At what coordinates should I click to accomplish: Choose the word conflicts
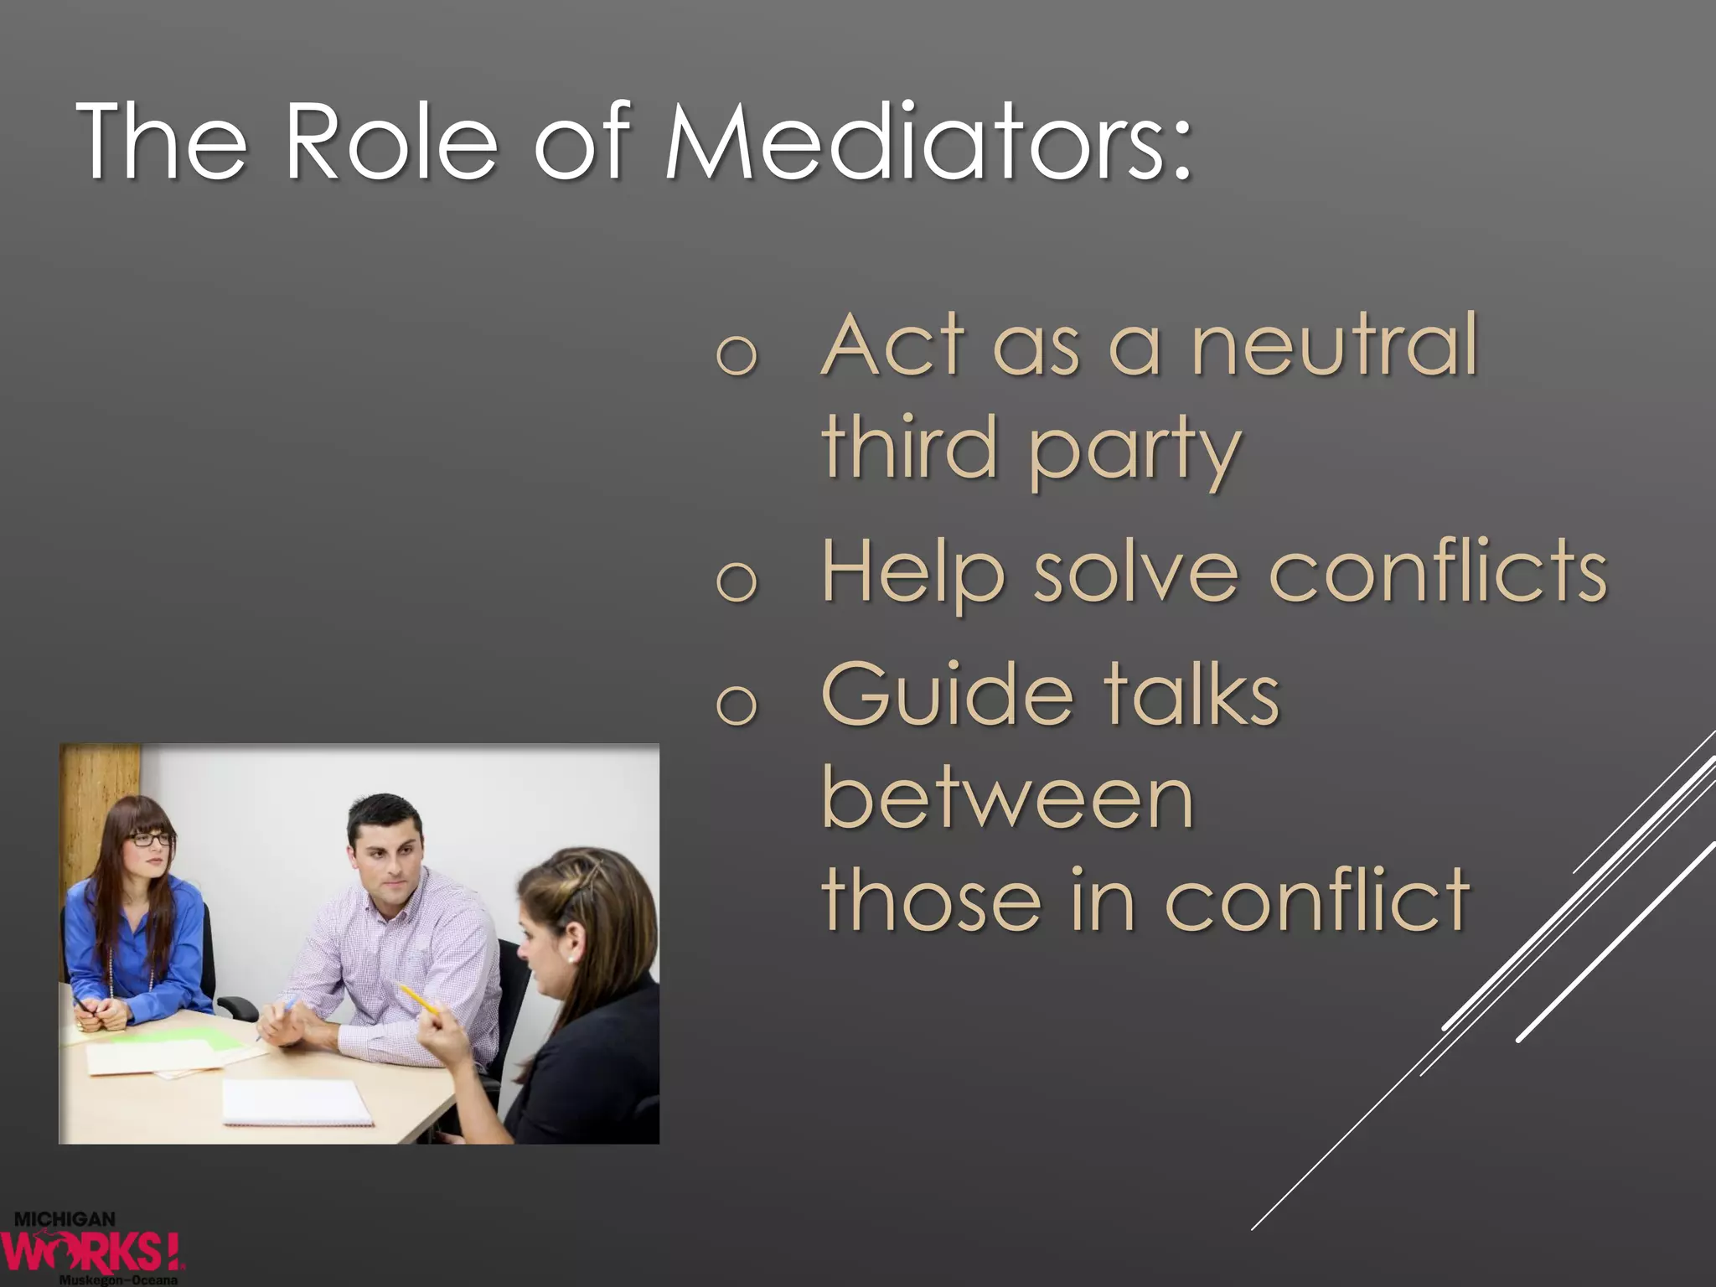(x=1438, y=571)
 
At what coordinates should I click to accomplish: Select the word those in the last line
(x=932, y=900)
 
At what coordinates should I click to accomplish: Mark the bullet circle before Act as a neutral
(x=737, y=355)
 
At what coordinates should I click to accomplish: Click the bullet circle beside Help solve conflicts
(x=737, y=581)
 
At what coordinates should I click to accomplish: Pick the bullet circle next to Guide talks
(x=737, y=704)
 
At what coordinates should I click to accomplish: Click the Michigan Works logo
(x=92, y=1248)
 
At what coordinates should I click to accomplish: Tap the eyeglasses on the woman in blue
(x=151, y=838)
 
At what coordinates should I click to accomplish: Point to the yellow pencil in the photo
(x=419, y=1000)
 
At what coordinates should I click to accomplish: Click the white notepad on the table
(x=297, y=1102)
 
